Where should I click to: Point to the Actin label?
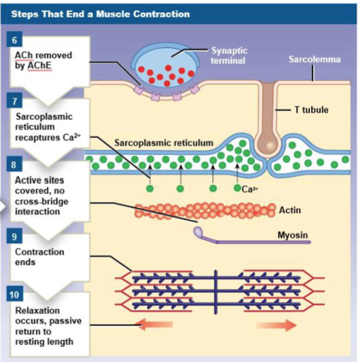pos(290,210)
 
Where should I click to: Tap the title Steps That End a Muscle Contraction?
pos(100,13)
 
